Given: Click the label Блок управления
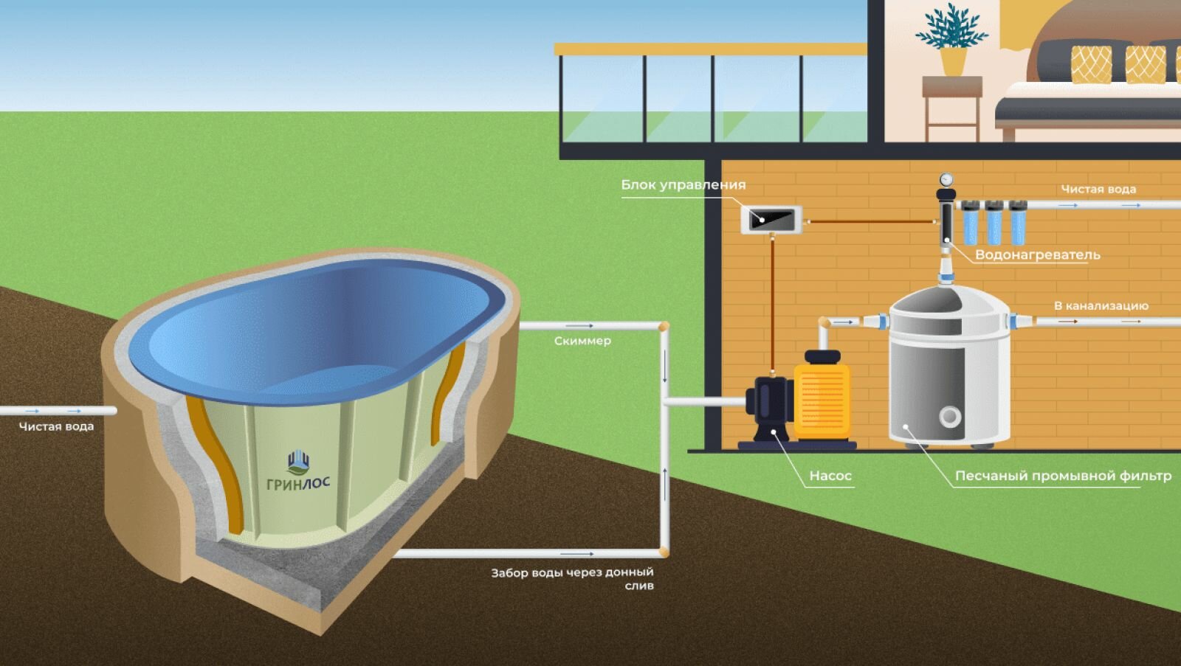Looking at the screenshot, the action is coord(683,184).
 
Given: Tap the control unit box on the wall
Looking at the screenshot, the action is coord(771,219).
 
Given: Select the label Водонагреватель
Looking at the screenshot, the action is coord(1037,255).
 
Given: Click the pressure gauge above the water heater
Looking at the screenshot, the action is coord(946,179).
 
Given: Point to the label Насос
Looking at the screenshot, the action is coord(830,476).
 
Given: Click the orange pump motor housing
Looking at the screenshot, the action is coord(822,398).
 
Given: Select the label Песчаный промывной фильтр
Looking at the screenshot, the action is coord(1063,476).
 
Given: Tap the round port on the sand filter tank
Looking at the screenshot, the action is coord(949,417).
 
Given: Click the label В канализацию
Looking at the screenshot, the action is coord(1101,305).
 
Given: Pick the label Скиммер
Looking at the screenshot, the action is coord(582,341).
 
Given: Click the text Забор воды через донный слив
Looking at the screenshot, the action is coord(573,578).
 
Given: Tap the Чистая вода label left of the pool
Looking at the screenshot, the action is coord(56,426).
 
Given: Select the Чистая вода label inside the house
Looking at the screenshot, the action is coord(1098,189).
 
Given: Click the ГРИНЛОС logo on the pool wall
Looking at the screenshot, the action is coord(297,473).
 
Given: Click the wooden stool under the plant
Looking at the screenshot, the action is coord(951,107).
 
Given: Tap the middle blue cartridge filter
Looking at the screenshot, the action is coord(994,222).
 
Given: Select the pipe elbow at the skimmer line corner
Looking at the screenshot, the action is coord(664,326).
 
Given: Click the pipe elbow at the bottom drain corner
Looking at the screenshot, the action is coord(664,552).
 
